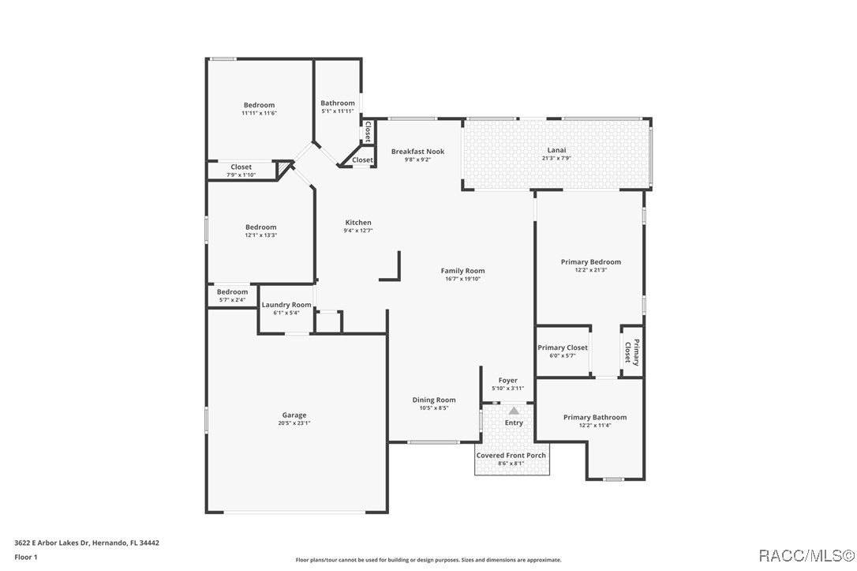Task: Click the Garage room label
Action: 294,415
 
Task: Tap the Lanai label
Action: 556,150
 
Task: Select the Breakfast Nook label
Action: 417,152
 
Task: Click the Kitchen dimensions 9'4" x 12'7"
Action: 357,231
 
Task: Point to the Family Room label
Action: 462,271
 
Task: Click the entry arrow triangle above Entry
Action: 514,411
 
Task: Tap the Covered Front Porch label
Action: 511,456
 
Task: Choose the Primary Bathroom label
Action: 594,418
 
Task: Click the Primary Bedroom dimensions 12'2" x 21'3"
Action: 590,270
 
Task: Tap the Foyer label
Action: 507,381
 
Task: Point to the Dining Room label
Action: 434,400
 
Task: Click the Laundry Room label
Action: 286,305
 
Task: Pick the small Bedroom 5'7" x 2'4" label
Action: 232,292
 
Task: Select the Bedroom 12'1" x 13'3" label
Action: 260,227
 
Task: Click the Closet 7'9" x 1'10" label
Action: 241,167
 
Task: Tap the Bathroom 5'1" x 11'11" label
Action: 337,103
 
